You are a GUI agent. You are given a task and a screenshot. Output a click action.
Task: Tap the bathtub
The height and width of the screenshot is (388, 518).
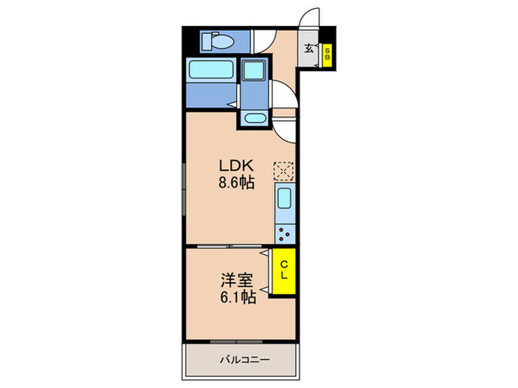[211, 72]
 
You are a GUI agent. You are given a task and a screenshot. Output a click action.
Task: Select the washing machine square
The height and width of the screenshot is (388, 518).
[256, 72]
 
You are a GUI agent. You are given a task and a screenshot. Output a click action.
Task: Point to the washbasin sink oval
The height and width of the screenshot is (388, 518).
[255, 118]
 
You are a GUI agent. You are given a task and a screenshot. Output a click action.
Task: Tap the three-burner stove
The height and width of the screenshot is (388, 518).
[285, 234]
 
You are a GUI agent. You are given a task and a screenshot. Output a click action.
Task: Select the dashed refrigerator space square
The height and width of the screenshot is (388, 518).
[283, 171]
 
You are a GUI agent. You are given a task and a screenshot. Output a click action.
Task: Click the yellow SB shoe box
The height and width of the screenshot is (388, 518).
[326, 55]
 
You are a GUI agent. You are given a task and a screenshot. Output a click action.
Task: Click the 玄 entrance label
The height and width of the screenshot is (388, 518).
[309, 50]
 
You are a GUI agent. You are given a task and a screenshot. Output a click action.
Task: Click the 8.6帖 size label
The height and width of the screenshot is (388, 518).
[235, 183]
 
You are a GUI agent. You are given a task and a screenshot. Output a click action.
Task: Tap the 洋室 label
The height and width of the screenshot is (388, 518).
[235, 281]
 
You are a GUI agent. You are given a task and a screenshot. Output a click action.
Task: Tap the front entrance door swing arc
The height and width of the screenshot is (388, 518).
[311, 16]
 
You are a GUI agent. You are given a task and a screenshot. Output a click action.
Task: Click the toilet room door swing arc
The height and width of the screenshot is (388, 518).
[263, 43]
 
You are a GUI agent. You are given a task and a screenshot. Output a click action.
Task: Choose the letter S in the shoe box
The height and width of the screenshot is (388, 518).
[326, 50]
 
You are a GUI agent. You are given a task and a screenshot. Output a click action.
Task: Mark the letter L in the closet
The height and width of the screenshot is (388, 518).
[283, 275]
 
